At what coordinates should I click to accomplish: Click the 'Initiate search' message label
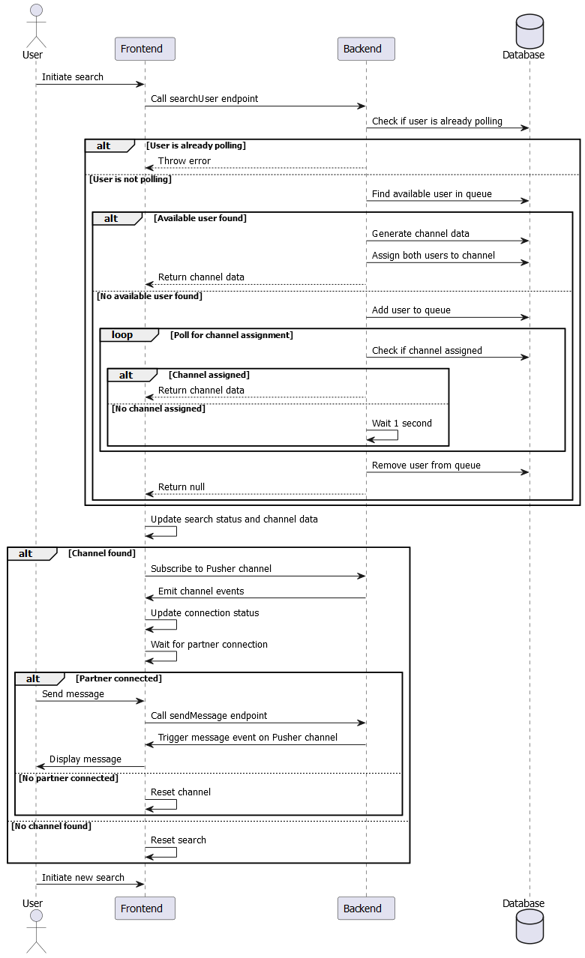click(x=73, y=77)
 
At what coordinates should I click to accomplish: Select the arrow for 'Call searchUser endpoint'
click(x=255, y=106)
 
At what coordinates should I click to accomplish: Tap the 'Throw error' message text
click(x=184, y=161)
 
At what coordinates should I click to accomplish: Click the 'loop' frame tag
click(x=122, y=335)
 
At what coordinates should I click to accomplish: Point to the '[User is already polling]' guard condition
click(x=196, y=145)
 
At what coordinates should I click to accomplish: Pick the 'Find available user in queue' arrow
click(x=448, y=201)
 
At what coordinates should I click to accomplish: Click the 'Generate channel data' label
click(x=421, y=234)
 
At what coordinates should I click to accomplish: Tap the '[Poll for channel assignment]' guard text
click(x=232, y=335)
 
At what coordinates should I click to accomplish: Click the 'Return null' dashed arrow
click(x=255, y=494)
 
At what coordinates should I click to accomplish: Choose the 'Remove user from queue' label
click(x=426, y=466)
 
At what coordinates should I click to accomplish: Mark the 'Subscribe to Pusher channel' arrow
click(x=255, y=576)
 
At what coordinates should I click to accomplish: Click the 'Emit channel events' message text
click(x=201, y=591)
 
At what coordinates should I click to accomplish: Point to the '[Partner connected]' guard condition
click(x=118, y=678)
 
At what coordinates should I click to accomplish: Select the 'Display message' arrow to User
click(x=90, y=767)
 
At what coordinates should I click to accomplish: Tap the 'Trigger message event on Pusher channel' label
click(x=247, y=738)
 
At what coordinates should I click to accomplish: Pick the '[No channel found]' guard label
click(x=51, y=826)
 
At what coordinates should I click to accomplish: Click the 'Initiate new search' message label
click(x=83, y=878)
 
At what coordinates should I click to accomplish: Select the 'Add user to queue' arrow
click(x=448, y=317)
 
